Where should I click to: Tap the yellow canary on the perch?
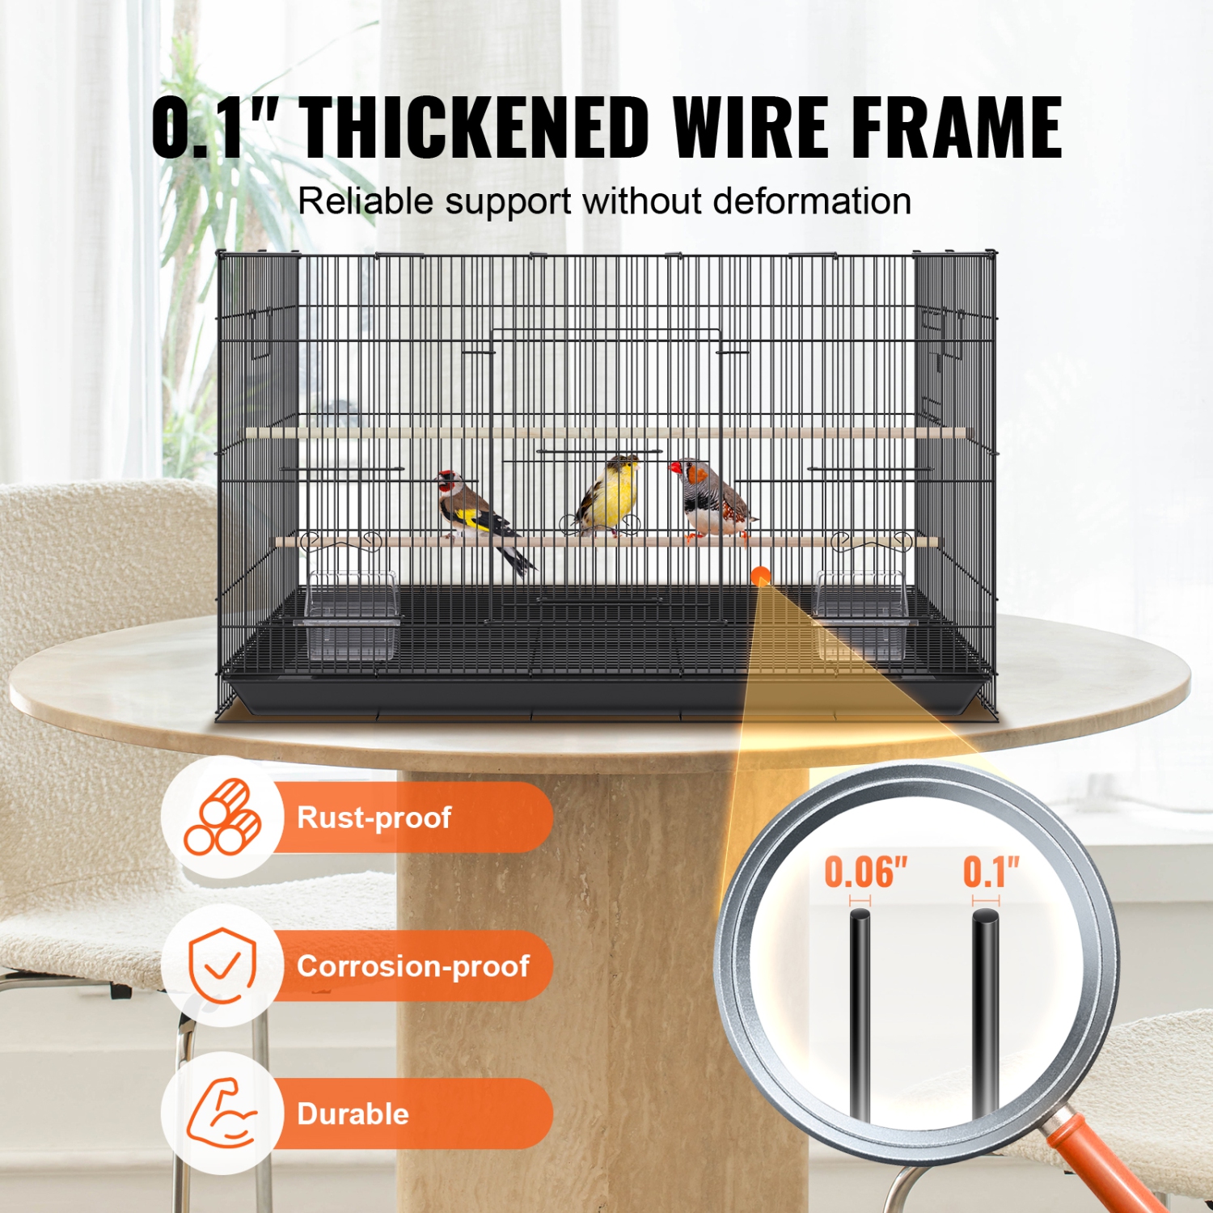(608, 493)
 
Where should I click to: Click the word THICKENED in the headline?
(476, 127)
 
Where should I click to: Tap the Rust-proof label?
(374, 818)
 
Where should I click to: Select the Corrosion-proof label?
(412, 966)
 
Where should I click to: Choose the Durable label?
(353, 1114)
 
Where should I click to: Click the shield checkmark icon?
(222, 966)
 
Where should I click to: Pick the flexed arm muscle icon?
(221, 1113)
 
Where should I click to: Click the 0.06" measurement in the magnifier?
(865, 873)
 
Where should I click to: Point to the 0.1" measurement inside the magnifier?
(991, 873)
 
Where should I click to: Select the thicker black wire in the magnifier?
(986, 1011)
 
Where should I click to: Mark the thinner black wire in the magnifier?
(860, 1011)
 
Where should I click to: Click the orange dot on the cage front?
(760, 577)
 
